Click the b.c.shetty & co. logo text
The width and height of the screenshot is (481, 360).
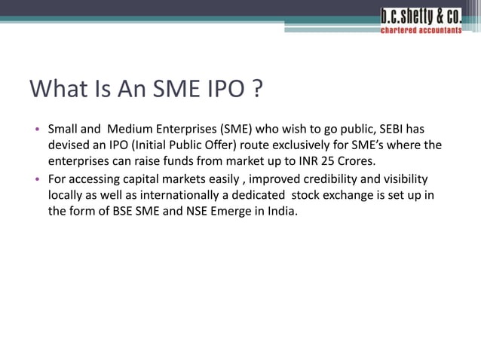tap(421, 16)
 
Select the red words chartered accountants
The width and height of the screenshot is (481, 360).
tap(421, 31)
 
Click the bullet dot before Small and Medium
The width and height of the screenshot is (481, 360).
tap(37, 128)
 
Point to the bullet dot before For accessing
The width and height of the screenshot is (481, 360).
tap(37, 179)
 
